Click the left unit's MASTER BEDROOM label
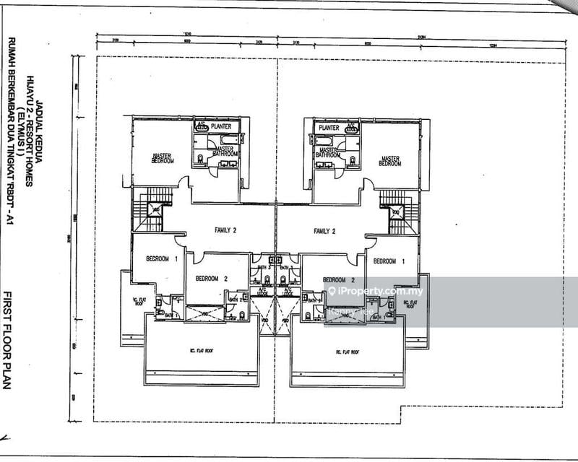coord(163,157)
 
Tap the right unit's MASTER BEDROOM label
coord(390,161)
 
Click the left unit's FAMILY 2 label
coord(226,231)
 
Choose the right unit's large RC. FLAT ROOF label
coord(347,352)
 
